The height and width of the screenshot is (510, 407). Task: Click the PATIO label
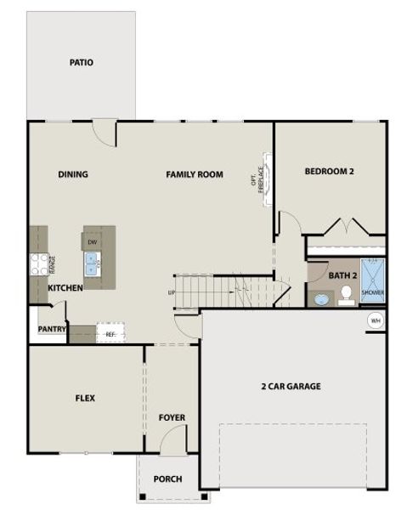click(x=82, y=62)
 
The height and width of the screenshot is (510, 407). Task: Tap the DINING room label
click(x=73, y=174)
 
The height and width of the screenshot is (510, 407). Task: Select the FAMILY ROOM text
click(x=194, y=174)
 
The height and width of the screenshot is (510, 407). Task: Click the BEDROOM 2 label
click(x=329, y=171)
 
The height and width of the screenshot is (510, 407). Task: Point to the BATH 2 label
click(x=343, y=275)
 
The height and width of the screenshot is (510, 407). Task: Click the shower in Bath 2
click(x=373, y=280)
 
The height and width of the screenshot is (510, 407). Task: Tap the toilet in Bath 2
click(x=346, y=294)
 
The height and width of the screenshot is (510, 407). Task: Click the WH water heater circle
click(x=375, y=320)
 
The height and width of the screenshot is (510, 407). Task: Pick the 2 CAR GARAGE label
click(x=291, y=386)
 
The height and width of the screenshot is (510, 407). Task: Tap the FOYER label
click(x=172, y=417)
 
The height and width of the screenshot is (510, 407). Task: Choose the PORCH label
click(x=167, y=479)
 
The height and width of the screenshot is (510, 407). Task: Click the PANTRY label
click(x=52, y=329)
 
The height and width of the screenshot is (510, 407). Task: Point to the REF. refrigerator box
click(x=110, y=333)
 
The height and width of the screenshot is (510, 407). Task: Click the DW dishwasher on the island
click(x=93, y=242)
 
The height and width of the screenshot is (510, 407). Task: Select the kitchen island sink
click(x=93, y=265)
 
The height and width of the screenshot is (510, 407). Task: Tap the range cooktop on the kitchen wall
click(x=39, y=264)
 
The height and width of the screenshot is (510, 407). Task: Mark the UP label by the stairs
click(x=172, y=292)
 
